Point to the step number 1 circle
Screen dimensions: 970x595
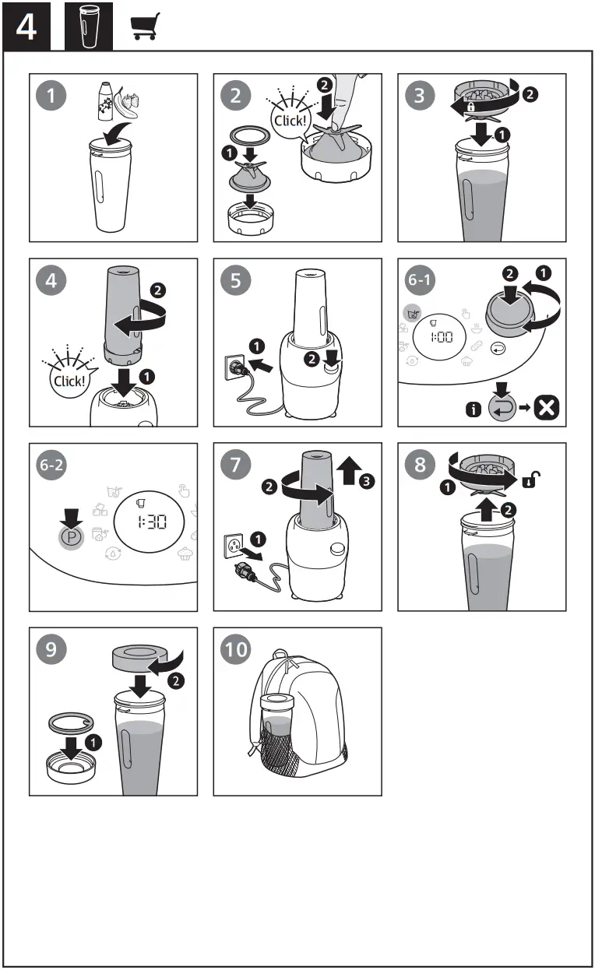click(51, 96)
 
